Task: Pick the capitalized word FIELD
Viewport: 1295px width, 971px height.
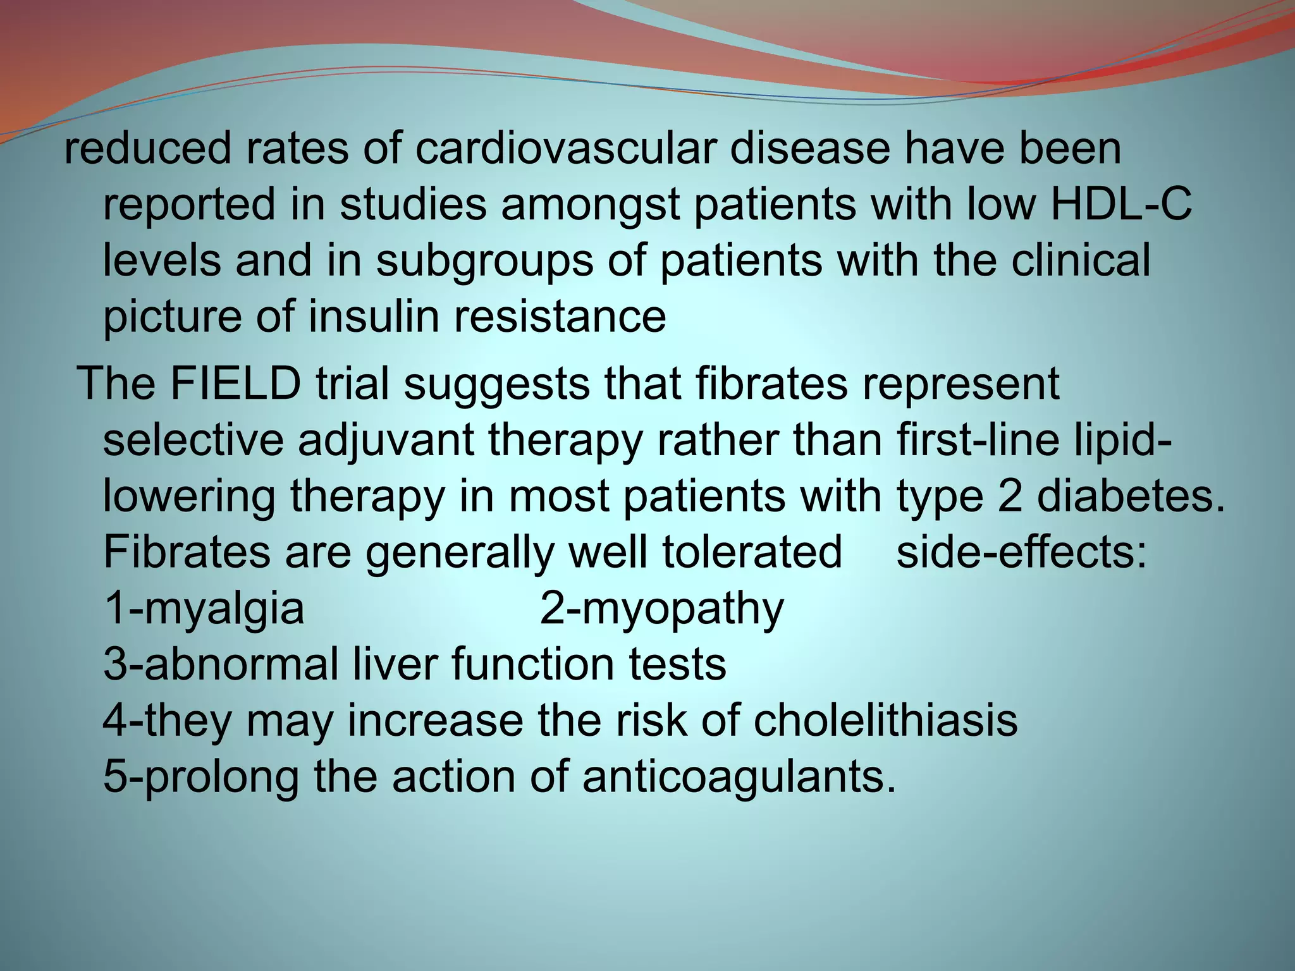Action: tap(234, 384)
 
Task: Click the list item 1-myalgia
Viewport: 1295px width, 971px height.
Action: tap(204, 608)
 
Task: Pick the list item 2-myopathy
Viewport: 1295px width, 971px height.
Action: tap(661, 608)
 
